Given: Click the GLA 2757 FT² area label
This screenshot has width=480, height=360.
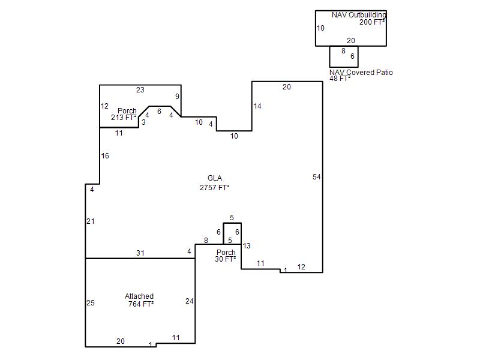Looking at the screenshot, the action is (x=215, y=183).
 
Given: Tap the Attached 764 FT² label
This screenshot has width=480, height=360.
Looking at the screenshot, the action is (x=140, y=300).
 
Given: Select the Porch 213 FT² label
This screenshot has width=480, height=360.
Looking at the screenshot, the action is (x=124, y=114).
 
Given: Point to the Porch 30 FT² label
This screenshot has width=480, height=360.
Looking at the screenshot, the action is (x=226, y=256).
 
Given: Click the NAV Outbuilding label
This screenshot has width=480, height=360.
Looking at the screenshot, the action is (x=359, y=14).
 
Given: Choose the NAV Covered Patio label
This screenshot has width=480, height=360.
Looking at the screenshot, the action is (x=361, y=73).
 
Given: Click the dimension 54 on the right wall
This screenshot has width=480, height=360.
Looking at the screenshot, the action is (x=317, y=176).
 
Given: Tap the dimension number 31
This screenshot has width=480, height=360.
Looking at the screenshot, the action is (x=140, y=253).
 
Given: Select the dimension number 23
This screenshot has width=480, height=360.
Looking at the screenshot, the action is (x=140, y=89).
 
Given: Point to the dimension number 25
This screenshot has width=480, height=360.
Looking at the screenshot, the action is (x=91, y=303).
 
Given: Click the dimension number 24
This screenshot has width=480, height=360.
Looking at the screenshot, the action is (x=190, y=301).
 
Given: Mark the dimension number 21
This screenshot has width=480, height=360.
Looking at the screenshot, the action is (x=91, y=221).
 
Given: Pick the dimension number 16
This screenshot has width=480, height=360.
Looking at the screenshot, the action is (x=105, y=156).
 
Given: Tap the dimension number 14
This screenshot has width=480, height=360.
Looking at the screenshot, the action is (x=257, y=106).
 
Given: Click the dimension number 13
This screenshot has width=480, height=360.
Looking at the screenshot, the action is (x=247, y=245).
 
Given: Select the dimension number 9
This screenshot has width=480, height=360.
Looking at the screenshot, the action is (x=177, y=97).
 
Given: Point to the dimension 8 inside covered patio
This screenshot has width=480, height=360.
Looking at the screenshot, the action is (x=343, y=51).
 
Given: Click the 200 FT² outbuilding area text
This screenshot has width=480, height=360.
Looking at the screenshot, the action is (x=372, y=22).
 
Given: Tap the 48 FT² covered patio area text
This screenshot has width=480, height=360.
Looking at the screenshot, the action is (x=340, y=79).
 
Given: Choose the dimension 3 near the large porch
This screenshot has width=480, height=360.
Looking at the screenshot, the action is (x=143, y=122).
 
